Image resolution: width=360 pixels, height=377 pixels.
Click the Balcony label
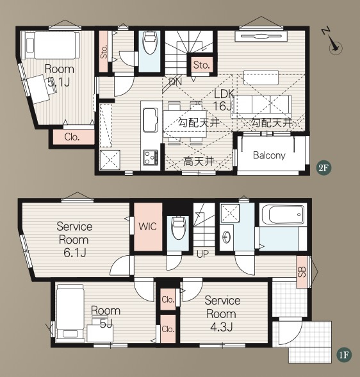coord(269,155)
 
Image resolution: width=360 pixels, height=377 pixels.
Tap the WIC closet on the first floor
coord(148,227)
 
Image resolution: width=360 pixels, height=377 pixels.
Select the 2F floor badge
coord(323,168)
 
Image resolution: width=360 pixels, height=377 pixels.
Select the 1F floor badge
coord(344,355)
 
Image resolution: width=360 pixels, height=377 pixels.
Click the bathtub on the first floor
coord(283,215)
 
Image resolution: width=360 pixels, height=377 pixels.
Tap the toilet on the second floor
coord(149,44)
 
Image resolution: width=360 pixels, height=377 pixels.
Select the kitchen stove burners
coord(151,157)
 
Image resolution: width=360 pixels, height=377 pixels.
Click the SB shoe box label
coord(302,272)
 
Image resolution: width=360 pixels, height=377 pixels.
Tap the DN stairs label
coord(176,82)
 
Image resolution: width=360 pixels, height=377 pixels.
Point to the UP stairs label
coord(202,254)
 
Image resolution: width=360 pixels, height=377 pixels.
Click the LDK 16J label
coord(224,100)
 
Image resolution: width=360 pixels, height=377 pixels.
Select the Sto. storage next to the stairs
coord(202,64)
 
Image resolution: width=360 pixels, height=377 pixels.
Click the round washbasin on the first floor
coord(226,237)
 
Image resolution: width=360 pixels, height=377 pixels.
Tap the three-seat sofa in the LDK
coord(261,106)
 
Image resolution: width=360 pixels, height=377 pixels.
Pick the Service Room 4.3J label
coord(222,314)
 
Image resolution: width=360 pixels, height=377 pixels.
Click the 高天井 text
coord(199,162)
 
